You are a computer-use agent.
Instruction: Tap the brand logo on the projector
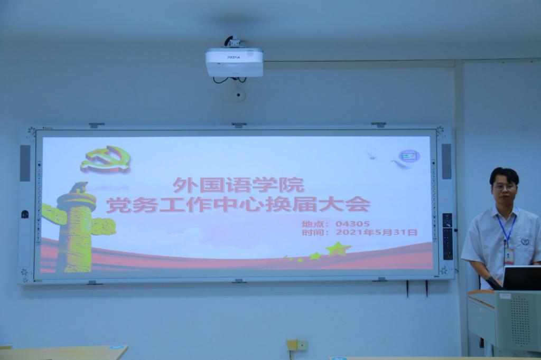(x=234, y=57)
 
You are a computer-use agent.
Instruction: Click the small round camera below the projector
(x=238, y=95)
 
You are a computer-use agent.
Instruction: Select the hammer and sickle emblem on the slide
(x=106, y=159)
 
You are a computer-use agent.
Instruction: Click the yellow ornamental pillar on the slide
(x=78, y=227)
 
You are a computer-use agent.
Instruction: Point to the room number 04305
(x=352, y=224)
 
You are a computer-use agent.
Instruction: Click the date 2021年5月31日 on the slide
(x=376, y=232)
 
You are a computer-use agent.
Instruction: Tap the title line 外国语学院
(x=239, y=185)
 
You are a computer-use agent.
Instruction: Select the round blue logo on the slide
(x=409, y=156)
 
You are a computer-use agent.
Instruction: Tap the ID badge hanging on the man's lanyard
(x=509, y=257)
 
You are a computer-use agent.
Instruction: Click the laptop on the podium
(x=521, y=278)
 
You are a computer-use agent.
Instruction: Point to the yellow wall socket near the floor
(x=292, y=345)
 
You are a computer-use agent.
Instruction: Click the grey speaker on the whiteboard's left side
(x=25, y=163)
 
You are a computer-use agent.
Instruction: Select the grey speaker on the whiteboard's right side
(x=446, y=162)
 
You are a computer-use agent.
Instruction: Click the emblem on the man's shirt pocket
(x=525, y=241)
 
